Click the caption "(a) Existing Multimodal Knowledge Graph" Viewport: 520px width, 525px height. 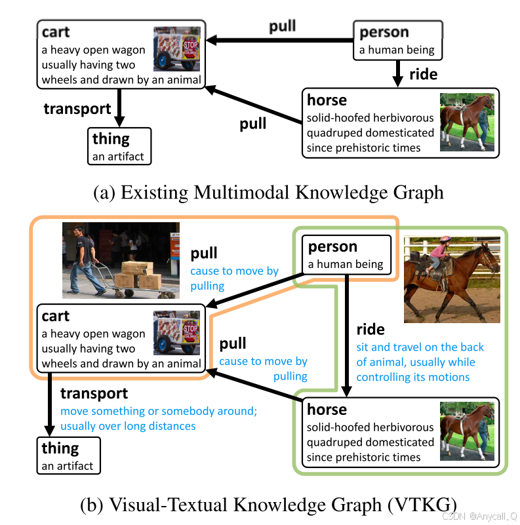[x=269, y=193]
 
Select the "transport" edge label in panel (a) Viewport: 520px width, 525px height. [x=77, y=109]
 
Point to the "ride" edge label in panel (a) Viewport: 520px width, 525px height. [x=423, y=75]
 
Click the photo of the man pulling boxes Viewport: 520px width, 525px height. [x=121, y=260]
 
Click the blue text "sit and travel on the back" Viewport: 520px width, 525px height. [x=420, y=347]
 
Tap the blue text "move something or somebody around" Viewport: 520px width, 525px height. [x=157, y=411]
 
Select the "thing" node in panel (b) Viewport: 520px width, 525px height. [x=68, y=456]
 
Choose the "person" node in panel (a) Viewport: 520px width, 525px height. [x=397, y=40]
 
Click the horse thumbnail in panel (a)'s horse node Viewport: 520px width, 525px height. [x=466, y=123]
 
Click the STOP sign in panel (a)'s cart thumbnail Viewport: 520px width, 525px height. [x=190, y=46]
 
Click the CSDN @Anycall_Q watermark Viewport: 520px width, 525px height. [x=479, y=516]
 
